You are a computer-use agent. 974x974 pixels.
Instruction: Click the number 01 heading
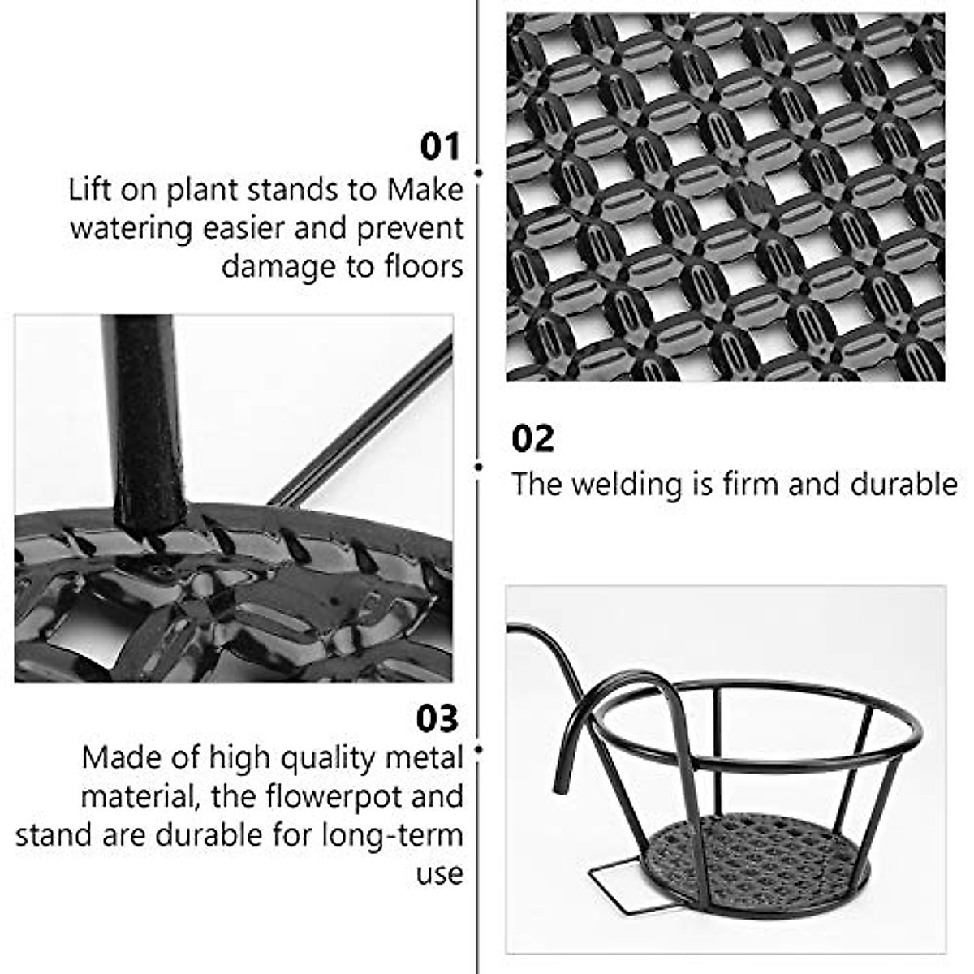tap(440, 148)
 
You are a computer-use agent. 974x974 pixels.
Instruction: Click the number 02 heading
tap(532, 439)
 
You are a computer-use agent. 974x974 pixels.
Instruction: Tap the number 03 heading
tap(437, 719)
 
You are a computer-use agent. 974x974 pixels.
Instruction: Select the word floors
tap(423, 266)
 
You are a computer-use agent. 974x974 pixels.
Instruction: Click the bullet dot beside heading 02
tap(479, 467)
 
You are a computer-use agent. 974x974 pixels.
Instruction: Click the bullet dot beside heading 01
tap(479, 173)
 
